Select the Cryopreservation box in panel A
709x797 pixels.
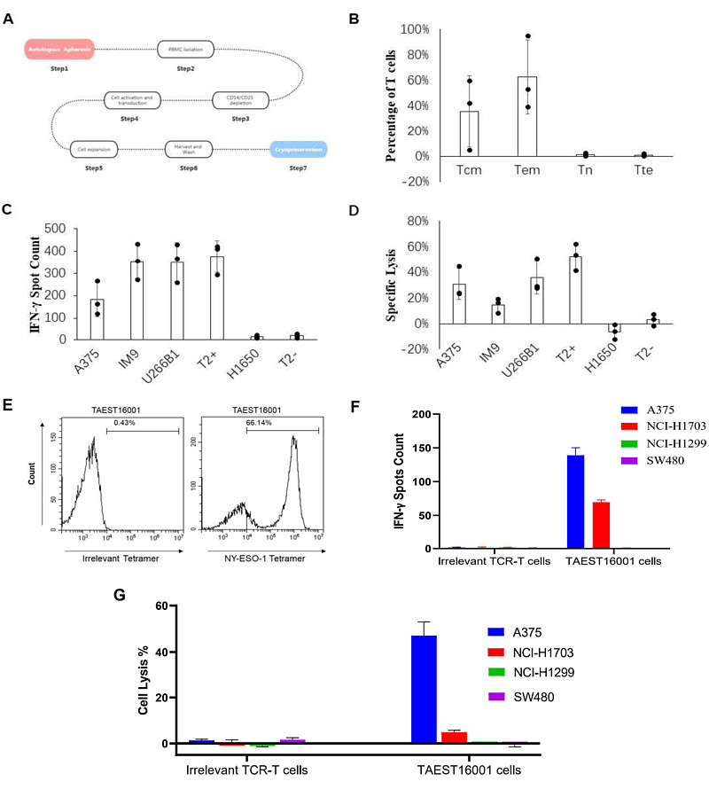[298, 150]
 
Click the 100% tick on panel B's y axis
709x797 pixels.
[417, 29]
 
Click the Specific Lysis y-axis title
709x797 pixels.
[391, 285]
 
